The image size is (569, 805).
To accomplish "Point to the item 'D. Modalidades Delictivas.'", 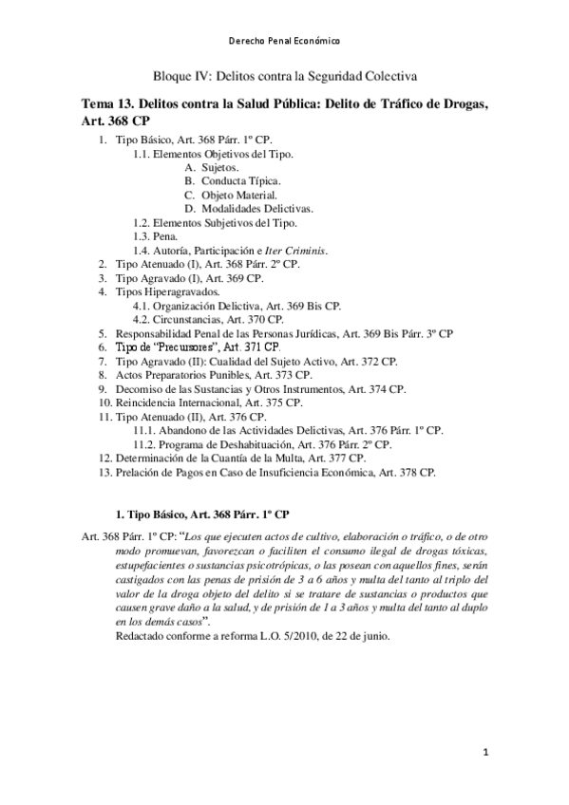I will tap(249, 209).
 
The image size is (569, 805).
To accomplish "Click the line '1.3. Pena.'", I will tap(155, 236).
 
